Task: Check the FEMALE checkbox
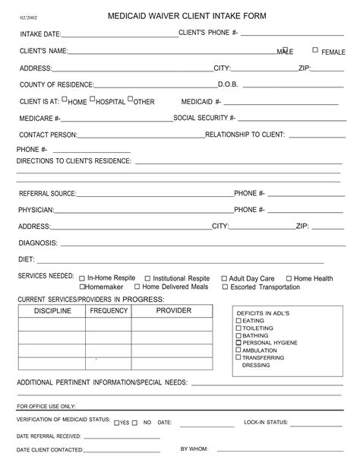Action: [x=315, y=50]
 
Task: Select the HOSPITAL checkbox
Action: [x=93, y=100]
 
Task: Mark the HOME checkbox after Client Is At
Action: [x=65, y=100]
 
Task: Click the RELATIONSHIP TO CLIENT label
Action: [x=245, y=135]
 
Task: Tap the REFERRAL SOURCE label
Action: [x=48, y=193]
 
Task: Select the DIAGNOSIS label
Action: [x=38, y=243]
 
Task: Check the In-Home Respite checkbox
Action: [x=81, y=279]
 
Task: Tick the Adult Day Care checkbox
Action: [x=224, y=279]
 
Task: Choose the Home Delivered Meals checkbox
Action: [x=137, y=287]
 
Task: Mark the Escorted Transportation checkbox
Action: [x=225, y=287]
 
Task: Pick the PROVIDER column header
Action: [x=173, y=311]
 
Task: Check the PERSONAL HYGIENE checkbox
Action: [x=239, y=343]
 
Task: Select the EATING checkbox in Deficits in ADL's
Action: [x=239, y=321]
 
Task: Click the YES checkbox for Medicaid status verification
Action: [x=116, y=423]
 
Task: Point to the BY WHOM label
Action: [x=194, y=449]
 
